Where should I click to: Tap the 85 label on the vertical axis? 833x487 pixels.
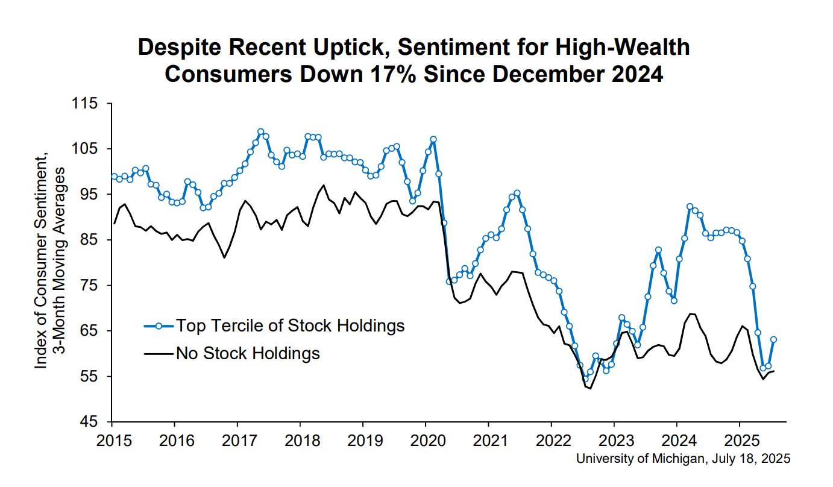88,240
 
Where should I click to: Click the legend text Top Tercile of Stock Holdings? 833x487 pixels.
290,326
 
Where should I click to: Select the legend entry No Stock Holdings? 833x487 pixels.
248,353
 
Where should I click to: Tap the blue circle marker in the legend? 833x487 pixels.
159,326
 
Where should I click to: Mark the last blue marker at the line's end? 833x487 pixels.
773,339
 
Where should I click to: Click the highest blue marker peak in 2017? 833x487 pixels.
260,131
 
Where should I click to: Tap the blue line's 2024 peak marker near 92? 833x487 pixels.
690,207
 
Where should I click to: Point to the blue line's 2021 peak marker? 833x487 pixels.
517,193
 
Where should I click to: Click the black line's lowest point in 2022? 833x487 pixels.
591,388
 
